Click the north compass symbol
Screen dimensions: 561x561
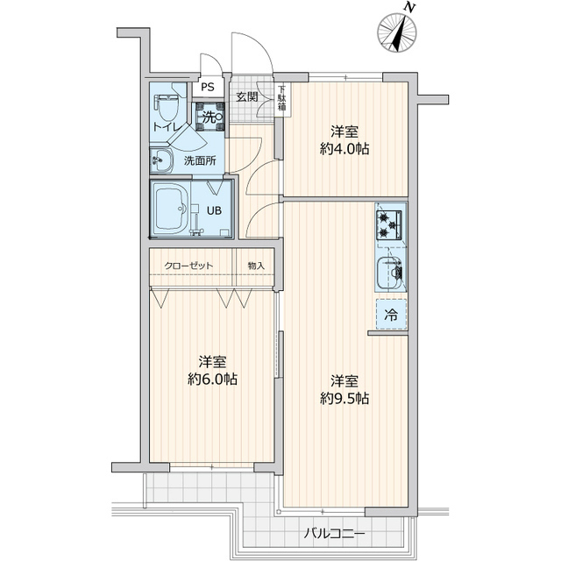[x=397, y=32]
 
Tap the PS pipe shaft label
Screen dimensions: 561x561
[x=207, y=87]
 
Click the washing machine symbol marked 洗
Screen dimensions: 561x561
[x=210, y=117]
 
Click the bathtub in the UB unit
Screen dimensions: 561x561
[x=171, y=209]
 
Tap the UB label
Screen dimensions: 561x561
[x=214, y=210]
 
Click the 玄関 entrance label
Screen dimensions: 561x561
[x=247, y=96]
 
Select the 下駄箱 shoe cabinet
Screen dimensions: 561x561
[x=282, y=97]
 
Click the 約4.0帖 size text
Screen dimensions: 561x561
[x=344, y=148]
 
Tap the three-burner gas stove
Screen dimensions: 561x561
[x=389, y=225]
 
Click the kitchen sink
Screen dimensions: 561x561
[x=390, y=273]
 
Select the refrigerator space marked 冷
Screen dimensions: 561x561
[x=391, y=314]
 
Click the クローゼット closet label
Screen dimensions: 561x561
[x=188, y=266]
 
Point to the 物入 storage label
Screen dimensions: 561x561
[x=256, y=266]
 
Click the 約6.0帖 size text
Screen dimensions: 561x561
[x=212, y=379]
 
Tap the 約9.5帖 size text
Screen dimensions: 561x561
[x=344, y=398]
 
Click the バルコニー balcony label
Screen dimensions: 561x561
[x=335, y=535]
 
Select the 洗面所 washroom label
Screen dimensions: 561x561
[x=200, y=161]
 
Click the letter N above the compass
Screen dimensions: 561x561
[x=410, y=7]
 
